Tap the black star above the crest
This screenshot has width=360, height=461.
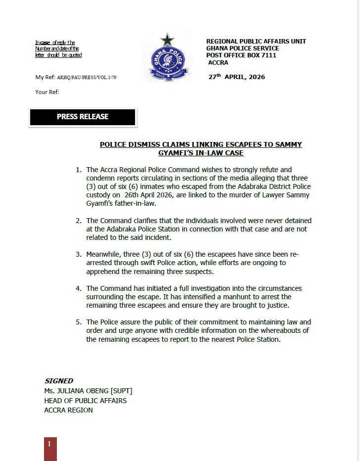[167, 40]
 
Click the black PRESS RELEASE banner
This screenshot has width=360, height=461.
[82, 117]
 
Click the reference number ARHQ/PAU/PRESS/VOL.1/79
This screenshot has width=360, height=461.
[87, 78]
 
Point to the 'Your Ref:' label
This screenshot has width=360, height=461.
[47, 92]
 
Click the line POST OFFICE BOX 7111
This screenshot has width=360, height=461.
[241, 55]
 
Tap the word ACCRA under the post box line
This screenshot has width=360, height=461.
[218, 63]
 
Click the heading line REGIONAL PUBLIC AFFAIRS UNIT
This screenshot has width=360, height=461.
[256, 42]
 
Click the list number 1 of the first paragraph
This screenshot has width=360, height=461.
[78, 170]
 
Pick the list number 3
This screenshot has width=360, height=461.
[78, 254]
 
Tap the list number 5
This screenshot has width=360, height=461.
[78, 322]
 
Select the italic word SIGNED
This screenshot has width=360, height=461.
[59, 381]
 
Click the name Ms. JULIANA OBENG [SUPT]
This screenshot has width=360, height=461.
[88, 391]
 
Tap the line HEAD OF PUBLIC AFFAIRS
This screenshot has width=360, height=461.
[86, 400]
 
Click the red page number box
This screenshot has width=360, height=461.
[50, 448]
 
